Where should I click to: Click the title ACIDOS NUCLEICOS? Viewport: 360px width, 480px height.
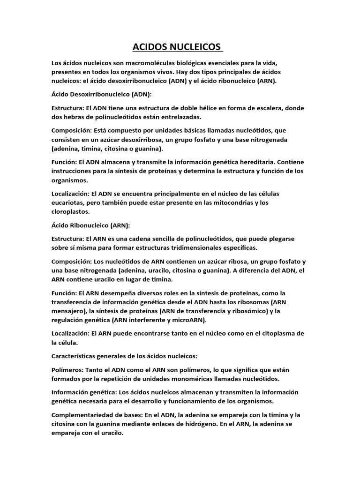coord(175,47)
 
